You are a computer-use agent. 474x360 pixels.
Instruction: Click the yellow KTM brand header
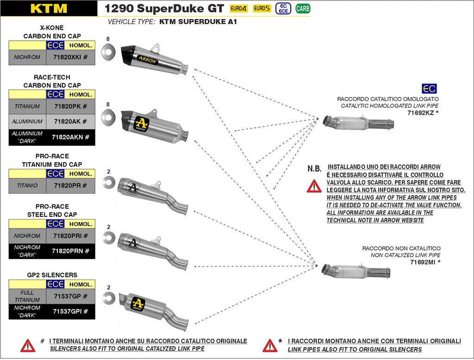pyautogui.click(x=49, y=8)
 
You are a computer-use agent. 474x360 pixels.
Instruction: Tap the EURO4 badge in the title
pyautogui.click(x=239, y=8)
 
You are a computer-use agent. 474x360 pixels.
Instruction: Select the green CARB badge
pyautogui.click(x=303, y=8)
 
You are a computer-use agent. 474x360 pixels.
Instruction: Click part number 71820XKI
pyautogui.click(x=71, y=57)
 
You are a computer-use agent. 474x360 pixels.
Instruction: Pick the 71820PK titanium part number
pyautogui.click(x=71, y=107)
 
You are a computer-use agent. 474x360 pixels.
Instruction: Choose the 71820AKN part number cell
pyautogui.click(x=71, y=137)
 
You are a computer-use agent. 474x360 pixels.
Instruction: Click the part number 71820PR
pyautogui.click(x=71, y=186)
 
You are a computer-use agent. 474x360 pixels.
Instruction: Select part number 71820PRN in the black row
pyautogui.click(x=71, y=251)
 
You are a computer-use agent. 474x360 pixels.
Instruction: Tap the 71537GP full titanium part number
pyautogui.click(x=71, y=296)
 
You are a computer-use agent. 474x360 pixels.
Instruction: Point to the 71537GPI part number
pyautogui.click(x=71, y=311)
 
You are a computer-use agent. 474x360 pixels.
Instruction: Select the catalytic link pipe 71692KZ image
pyautogui.click(x=358, y=123)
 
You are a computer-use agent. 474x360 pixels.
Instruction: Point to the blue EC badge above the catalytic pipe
pyautogui.click(x=429, y=89)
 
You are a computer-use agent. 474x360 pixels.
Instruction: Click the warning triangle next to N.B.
pyautogui.click(x=314, y=186)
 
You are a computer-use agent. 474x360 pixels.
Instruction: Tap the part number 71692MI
pyautogui.click(x=422, y=262)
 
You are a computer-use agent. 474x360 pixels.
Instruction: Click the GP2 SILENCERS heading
pyautogui.click(x=52, y=275)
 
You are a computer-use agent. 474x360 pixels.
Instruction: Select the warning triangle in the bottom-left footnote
pyautogui.click(x=28, y=345)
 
